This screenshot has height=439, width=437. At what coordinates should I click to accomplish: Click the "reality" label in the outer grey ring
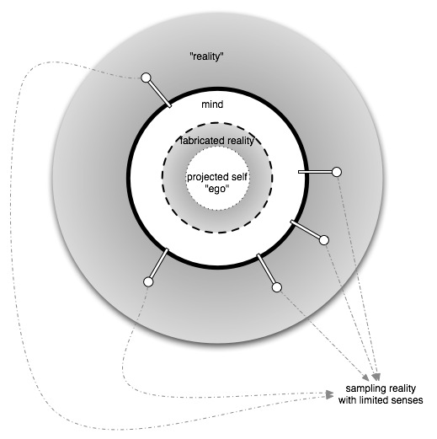206,56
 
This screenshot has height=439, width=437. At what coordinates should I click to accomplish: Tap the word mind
212,104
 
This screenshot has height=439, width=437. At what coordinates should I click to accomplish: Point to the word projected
207,177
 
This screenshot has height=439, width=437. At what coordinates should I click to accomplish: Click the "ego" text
217,189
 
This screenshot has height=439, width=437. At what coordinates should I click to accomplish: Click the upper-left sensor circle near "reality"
146,78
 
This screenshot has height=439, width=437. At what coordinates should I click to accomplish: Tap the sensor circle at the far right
337,172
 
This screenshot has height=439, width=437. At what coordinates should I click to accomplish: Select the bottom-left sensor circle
148,281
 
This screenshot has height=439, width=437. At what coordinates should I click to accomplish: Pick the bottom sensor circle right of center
277,287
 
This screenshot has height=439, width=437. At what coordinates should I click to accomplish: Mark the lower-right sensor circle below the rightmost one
324,240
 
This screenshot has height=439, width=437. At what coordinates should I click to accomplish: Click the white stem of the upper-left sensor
160,94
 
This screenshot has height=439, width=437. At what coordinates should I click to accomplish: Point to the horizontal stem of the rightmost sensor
315,172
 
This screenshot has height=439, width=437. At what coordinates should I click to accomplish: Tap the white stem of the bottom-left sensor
159,263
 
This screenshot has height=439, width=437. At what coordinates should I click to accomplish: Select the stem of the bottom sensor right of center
266,269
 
